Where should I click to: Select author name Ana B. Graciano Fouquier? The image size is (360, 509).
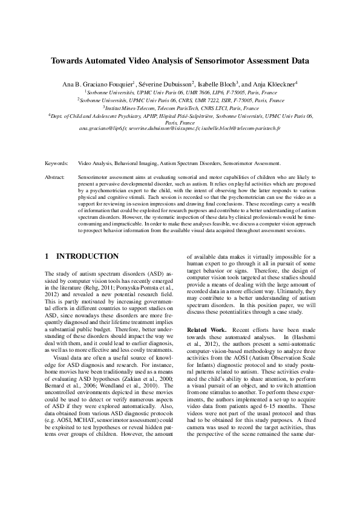101,83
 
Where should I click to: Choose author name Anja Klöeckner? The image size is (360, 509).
272,83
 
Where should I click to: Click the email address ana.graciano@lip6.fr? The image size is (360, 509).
103,129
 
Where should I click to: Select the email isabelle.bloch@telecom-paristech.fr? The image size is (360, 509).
243,129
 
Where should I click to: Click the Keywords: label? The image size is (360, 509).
56,163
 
